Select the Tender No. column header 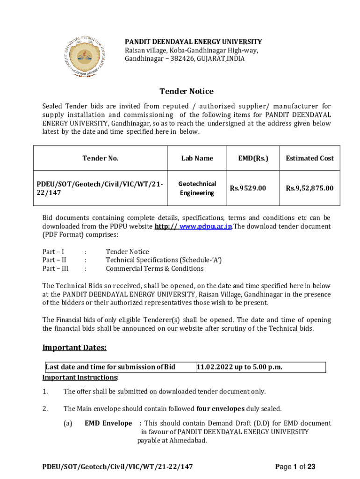click(x=101, y=158)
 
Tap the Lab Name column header click(x=197, y=158)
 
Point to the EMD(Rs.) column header click(x=253, y=158)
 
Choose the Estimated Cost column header click(x=310, y=158)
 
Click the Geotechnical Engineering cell click(x=197, y=188)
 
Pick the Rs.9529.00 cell click(x=248, y=188)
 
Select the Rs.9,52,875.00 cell click(x=310, y=188)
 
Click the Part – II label click(x=54, y=260)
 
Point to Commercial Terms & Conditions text click(x=155, y=269)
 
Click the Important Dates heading click(x=75, y=348)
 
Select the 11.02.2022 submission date click(x=239, y=367)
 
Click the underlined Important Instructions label click(x=80, y=377)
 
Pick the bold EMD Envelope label click(x=108, y=423)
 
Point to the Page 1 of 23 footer click(x=295, y=467)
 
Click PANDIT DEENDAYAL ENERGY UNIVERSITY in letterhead click(x=193, y=42)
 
